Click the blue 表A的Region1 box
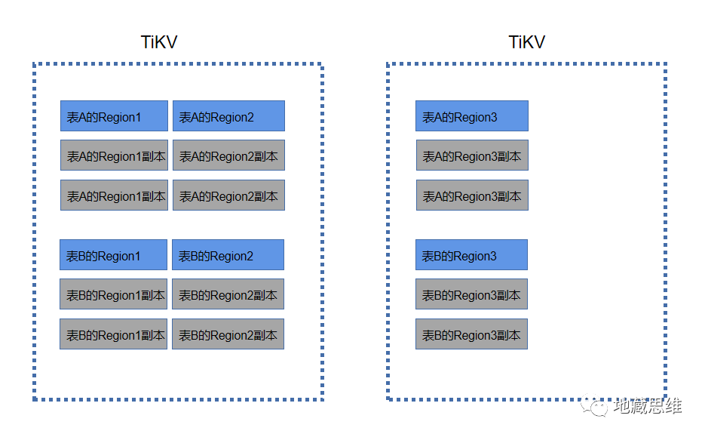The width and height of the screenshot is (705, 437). click(114, 116)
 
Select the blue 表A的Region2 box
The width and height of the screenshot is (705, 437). click(228, 116)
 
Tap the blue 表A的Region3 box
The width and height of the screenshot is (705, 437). click(471, 116)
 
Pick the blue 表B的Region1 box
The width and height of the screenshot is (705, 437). click(113, 255)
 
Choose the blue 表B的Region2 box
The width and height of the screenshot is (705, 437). click(228, 255)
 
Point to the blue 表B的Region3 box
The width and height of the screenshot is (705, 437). click(471, 255)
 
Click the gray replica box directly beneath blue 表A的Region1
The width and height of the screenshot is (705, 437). click(114, 155)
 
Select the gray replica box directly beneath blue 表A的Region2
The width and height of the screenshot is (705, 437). click(228, 155)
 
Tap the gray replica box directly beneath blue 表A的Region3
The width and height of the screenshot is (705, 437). click(471, 155)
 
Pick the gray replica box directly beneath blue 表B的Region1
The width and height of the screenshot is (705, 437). click(113, 294)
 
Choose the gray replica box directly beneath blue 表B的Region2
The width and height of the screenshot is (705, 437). click(228, 294)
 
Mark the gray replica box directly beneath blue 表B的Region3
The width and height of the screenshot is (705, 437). click(471, 294)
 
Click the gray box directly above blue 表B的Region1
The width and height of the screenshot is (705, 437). click(114, 195)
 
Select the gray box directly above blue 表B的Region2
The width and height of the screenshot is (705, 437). click(228, 195)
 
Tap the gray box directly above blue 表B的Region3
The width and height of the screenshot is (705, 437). click(471, 195)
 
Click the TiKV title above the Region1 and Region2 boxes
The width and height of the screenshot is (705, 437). click(159, 42)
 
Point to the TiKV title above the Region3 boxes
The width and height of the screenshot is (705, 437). click(526, 42)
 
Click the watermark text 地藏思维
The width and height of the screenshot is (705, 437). click(648, 406)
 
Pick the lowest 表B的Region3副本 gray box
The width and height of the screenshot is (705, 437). click(471, 334)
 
